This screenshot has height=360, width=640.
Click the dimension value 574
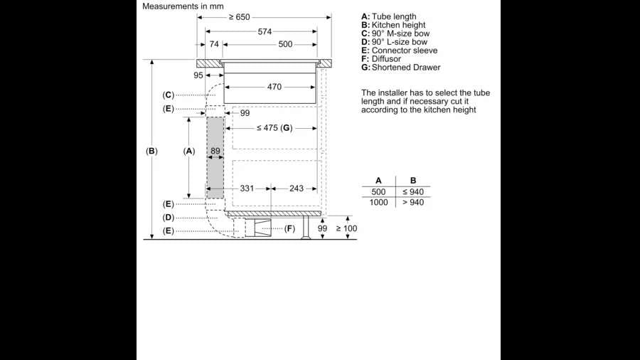265,31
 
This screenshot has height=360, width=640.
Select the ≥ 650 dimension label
239,17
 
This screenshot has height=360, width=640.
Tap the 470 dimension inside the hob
274,87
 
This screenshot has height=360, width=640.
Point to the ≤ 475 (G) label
274,128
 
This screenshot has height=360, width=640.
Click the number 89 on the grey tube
215,151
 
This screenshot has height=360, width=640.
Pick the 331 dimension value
247,189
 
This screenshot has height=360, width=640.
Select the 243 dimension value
297,189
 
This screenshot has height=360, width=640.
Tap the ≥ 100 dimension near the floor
346,228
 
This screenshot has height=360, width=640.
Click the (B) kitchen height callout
152,151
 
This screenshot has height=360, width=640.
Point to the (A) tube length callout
189,151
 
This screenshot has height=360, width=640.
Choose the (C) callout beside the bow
168,95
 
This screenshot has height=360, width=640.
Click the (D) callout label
168,218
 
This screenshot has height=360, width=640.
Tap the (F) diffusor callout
290,228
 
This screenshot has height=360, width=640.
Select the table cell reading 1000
378,203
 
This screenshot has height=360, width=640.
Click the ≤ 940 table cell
413,192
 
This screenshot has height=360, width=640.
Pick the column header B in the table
413,181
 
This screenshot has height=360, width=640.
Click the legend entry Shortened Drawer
406,68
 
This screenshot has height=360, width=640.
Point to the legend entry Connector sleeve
405,51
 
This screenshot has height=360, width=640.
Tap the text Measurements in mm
183,6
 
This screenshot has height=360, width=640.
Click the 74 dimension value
214,44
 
